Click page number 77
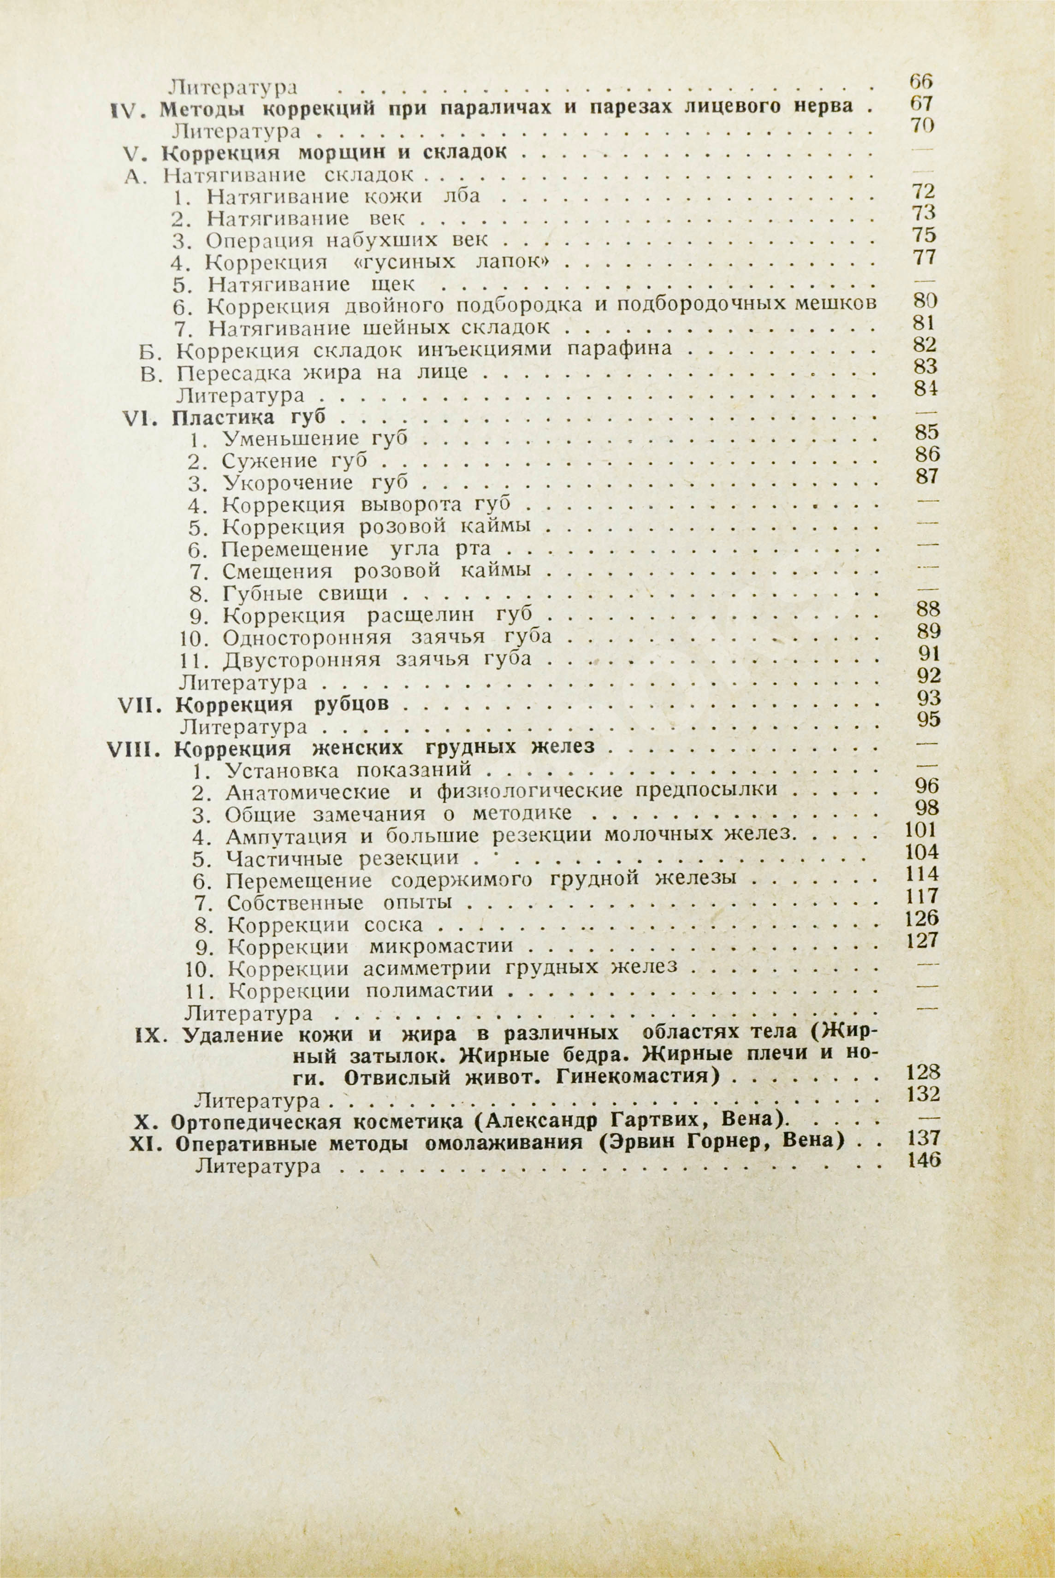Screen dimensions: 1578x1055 click(x=924, y=257)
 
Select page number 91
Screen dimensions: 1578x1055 click(x=928, y=654)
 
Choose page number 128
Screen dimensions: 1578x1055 click(x=923, y=1072)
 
